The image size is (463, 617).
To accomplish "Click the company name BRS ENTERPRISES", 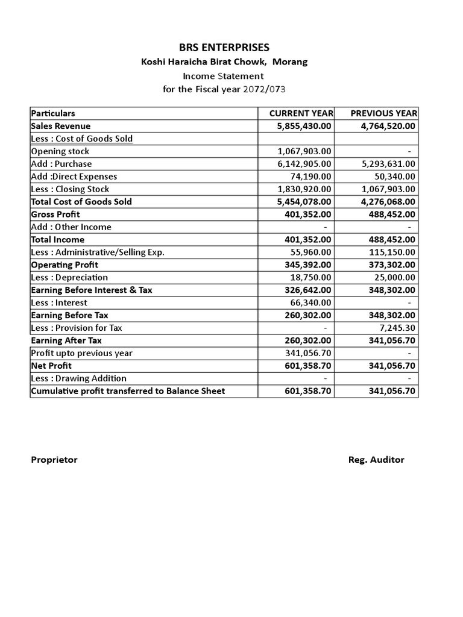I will coord(223,48).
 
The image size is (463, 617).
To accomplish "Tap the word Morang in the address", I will coord(291,62).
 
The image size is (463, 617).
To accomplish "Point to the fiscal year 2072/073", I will coord(264,90).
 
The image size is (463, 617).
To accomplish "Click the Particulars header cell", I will coord(53,113).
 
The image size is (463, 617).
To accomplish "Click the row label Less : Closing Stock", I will coord(70,189).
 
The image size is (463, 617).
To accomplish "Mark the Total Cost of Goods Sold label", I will coord(81,202).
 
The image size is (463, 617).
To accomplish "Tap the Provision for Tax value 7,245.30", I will coord(395,328).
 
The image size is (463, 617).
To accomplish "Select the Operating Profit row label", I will coord(65,265).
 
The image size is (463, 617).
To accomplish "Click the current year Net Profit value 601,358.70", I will coord(307,366).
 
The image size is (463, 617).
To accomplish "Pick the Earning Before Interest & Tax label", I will coord(92,290).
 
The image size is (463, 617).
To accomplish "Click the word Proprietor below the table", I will coord(54,460).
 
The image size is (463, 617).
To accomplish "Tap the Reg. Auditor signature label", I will coord(376,460).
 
